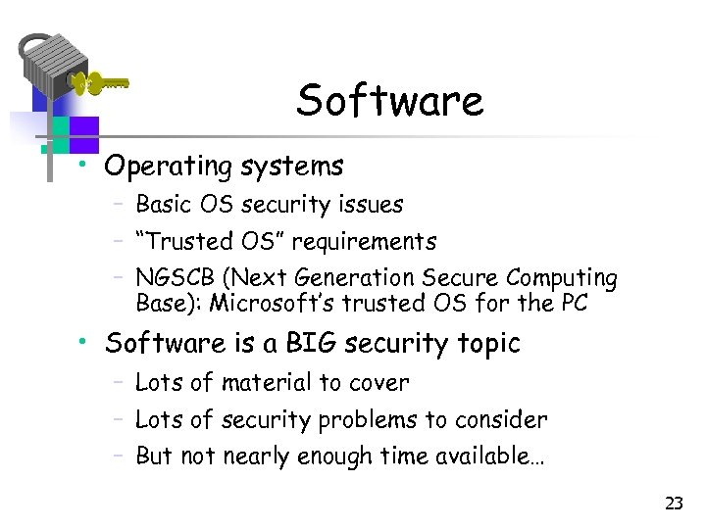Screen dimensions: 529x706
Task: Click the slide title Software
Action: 390,101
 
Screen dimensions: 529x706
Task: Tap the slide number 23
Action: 674,504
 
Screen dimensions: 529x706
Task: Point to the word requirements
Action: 364,241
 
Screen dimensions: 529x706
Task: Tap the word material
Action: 265,382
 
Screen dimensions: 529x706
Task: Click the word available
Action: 501,457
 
